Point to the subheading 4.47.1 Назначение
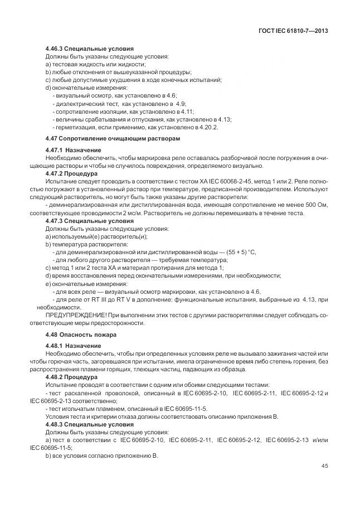[73, 150]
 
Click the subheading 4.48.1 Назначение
[73, 346]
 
